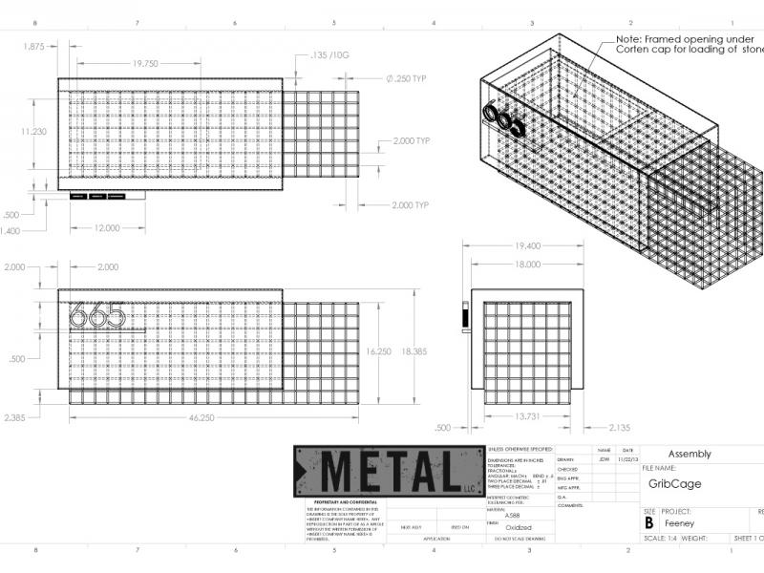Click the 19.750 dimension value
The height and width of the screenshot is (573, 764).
145,63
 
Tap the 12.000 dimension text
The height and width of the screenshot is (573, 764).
107,228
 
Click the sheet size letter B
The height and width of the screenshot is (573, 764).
649,523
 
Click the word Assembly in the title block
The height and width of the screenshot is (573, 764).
689,454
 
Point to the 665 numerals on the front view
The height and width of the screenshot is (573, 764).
98,314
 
